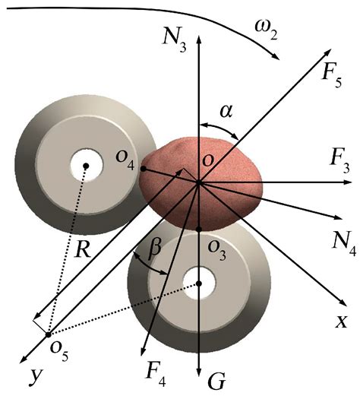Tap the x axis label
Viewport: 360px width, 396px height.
[342, 322]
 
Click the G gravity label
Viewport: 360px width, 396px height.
[216, 381]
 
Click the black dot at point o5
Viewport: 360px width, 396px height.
[48, 334]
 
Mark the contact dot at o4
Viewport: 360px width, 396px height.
[144, 169]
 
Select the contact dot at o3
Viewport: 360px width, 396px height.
[199, 229]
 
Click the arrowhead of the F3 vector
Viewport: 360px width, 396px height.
[348, 182]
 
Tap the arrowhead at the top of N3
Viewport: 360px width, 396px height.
[199, 40]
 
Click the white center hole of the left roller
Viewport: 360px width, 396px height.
[87, 166]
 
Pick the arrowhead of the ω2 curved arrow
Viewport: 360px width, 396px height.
[276, 56]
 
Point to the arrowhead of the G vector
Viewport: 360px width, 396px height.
[199, 372]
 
